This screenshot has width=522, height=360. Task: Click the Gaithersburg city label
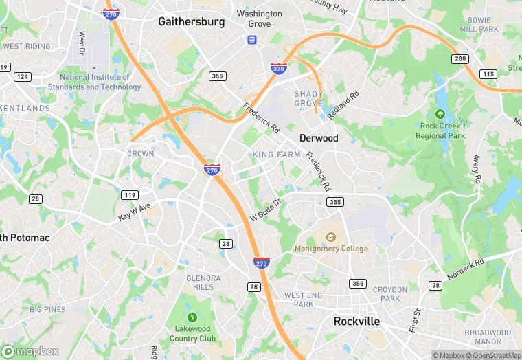[x=191, y=21]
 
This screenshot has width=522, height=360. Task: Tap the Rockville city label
[x=356, y=321]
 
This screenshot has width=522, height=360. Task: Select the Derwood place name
[x=319, y=138]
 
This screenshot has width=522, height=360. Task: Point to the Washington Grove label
[x=259, y=19]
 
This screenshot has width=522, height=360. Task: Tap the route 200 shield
[x=460, y=59]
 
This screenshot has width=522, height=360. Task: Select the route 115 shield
[x=488, y=74]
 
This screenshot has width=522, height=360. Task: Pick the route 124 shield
[x=22, y=76]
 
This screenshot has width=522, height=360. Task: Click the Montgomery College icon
[x=331, y=238]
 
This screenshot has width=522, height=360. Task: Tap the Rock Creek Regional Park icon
[x=440, y=113]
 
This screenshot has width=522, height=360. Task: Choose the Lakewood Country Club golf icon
[x=192, y=317]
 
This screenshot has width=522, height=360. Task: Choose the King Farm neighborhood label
[x=276, y=155]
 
